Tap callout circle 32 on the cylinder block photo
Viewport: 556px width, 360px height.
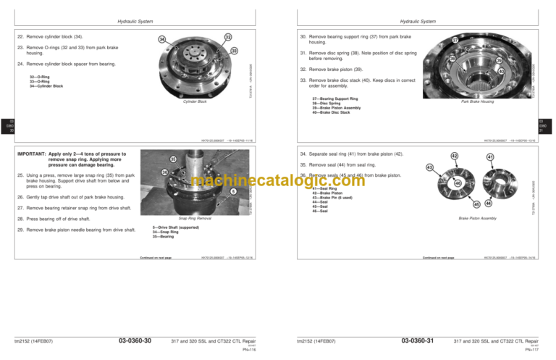[x=228, y=38]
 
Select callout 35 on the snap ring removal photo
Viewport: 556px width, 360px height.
[x=173, y=159]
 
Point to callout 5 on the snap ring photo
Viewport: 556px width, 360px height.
[x=234, y=191]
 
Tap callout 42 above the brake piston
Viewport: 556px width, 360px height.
[x=453, y=156]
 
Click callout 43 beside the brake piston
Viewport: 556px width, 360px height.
[x=429, y=168]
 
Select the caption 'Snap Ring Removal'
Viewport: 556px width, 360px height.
[x=195, y=217]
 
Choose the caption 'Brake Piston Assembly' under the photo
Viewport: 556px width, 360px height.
[x=477, y=217]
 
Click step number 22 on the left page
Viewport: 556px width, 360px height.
[x=19, y=34]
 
